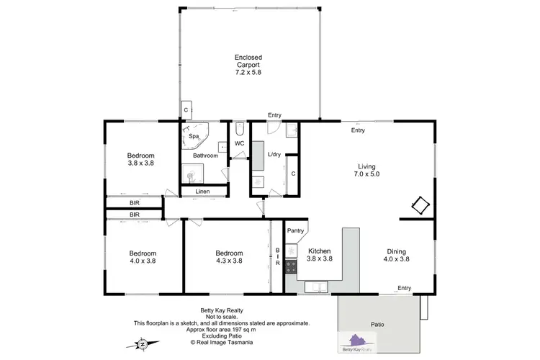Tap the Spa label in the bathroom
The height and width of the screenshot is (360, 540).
point(194,136)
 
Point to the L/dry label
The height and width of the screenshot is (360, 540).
point(274,155)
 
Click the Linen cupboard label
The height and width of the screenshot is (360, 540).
point(202,192)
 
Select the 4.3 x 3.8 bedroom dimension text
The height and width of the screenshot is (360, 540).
point(229,261)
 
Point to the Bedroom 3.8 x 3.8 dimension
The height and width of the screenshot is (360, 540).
point(141,163)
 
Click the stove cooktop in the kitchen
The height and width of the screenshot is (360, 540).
point(292,268)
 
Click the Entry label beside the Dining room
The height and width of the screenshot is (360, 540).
point(404,288)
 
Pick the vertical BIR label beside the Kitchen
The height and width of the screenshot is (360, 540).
point(277,258)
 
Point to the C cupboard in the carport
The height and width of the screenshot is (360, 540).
point(185,109)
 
